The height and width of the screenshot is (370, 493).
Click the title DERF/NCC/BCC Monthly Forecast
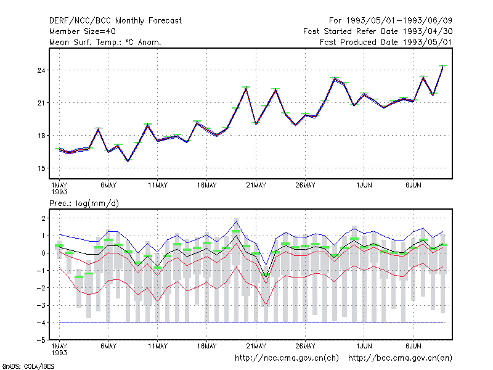coord(115,21)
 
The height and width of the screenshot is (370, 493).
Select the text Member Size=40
coord(83,31)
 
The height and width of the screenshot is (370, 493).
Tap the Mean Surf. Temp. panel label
coord(105,42)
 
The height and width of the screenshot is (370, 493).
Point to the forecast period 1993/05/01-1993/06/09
coord(391,21)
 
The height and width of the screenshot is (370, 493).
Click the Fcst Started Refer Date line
coord(378,31)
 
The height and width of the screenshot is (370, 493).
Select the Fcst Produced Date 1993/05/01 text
coord(386,42)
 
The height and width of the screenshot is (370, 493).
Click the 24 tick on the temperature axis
coord(41,70)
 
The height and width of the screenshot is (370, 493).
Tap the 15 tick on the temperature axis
coord(41,168)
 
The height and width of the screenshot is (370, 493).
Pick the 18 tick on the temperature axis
coord(41,136)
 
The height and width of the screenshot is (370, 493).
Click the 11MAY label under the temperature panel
coord(158,186)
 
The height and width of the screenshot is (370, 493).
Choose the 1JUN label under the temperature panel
coord(364,186)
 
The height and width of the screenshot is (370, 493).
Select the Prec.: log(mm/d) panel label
coord(84,203)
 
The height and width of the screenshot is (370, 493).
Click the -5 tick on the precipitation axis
coord(41,340)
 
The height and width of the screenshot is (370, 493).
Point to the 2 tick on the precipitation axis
coord(43,218)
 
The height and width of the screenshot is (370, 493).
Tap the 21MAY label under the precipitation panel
coord(256,346)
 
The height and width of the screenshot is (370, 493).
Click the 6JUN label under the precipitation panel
coord(413,346)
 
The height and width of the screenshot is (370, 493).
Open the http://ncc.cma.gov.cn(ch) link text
coord(287,358)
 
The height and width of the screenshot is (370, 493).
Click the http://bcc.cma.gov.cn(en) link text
coord(400,358)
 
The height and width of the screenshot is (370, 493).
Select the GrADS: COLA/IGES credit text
coord(28,366)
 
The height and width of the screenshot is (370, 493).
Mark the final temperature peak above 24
coord(442,66)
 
